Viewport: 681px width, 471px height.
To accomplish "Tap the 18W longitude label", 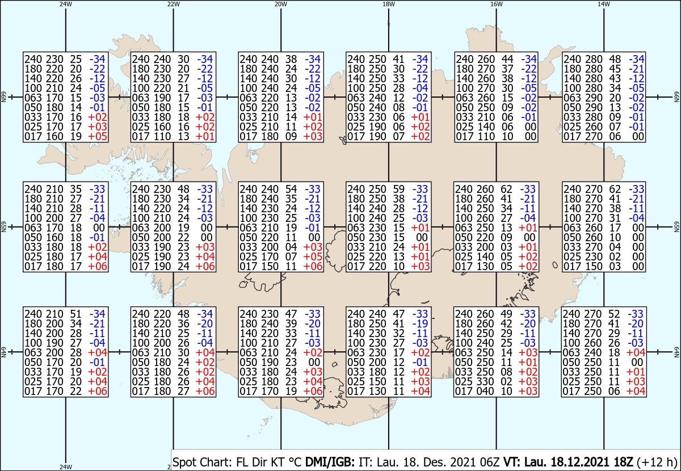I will pyautogui.click(x=388, y=4).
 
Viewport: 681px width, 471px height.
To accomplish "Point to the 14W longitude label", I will pyautogui.click(x=603, y=4).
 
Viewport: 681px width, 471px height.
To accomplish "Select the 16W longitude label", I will pyautogui.click(x=496, y=4).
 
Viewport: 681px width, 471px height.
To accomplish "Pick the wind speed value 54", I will pyautogui.click(x=291, y=189).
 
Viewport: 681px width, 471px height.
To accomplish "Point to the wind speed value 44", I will pyautogui.click(x=506, y=59).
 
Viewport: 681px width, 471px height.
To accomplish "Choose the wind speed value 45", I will pyautogui.click(x=614, y=69).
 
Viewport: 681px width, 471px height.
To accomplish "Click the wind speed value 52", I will pyautogui.click(x=614, y=314).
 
